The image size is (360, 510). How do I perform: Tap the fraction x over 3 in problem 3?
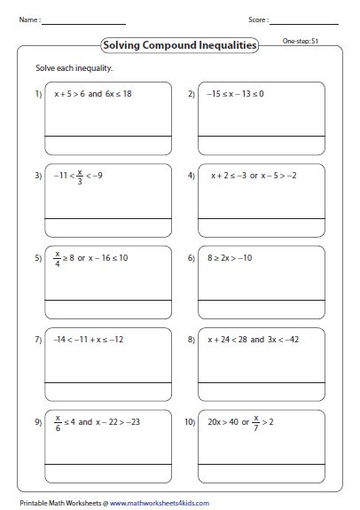80,176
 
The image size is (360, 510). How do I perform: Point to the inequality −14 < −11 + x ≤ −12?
88,340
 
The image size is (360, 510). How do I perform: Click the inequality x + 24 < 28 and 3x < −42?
258,340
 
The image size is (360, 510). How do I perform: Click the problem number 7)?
38,340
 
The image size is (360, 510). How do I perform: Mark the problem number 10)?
191,422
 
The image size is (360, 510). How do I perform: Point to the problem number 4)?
191,176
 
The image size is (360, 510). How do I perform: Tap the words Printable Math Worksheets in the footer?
53,501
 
